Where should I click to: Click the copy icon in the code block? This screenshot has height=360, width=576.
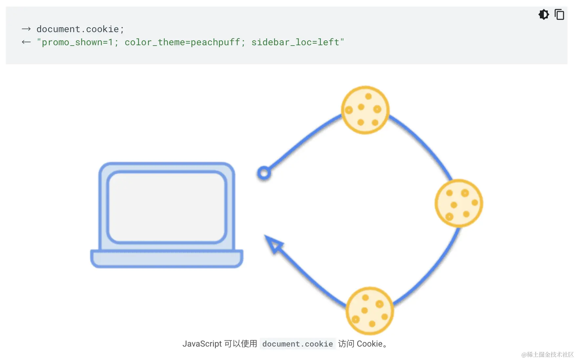pyautogui.click(x=559, y=15)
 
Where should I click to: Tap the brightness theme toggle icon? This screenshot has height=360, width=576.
pyautogui.click(x=544, y=15)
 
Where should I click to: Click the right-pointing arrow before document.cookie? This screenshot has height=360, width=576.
pyautogui.click(x=26, y=29)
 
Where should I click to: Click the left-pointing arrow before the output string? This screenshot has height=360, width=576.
pyautogui.click(x=26, y=42)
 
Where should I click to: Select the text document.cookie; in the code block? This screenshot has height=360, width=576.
pyautogui.click(x=80, y=29)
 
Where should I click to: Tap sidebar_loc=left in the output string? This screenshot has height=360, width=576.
pyautogui.click(x=295, y=42)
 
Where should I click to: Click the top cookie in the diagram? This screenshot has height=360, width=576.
pyautogui.click(x=365, y=110)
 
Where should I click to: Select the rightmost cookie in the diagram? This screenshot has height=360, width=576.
pyautogui.click(x=459, y=203)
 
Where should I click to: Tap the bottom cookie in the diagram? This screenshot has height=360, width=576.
pyautogui.click(x=370, y=311)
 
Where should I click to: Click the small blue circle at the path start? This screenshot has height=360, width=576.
pyautogui.click(x=264, y=173)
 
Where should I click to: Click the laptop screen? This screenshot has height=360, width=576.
pyautogui.click(x=167, y=207)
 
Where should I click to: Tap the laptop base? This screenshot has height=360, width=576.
pyautogui.click(x=167, y=259)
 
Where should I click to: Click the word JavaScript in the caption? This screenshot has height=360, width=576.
pyautogui.click(x=202, y=344)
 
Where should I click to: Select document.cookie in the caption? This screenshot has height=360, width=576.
pyautogui.click(x=298, y=344)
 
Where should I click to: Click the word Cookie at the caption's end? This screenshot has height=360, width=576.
pyautogui.click(x=370, y=344)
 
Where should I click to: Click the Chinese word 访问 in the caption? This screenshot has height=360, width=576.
pyautogui.click(x=346, y=344)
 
